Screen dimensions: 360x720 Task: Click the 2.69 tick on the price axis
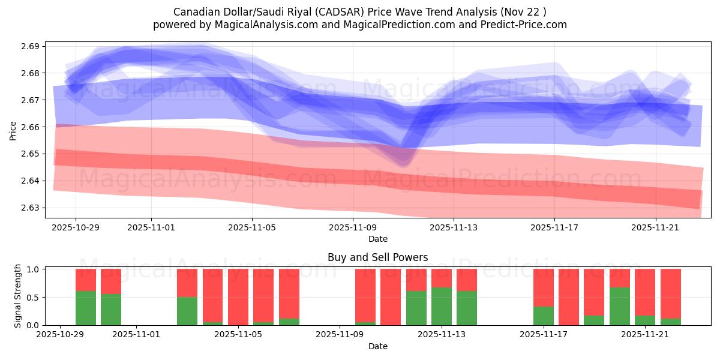32,46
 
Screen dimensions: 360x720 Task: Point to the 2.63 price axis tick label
32,208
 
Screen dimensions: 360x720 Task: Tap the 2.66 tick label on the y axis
32,127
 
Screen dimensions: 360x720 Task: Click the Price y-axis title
13,130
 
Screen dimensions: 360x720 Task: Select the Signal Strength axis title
18,296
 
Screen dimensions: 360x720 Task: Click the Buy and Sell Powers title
377,257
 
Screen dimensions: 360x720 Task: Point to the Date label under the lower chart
377,346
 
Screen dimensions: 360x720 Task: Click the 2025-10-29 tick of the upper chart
76,227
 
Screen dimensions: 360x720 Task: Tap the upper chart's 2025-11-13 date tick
454,227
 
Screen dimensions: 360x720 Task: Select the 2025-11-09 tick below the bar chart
340,334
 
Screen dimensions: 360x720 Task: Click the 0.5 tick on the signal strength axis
32,297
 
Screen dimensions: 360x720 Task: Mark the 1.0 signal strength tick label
32,269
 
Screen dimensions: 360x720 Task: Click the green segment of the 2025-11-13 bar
442,306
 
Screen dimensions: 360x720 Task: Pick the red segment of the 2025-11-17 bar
544,287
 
